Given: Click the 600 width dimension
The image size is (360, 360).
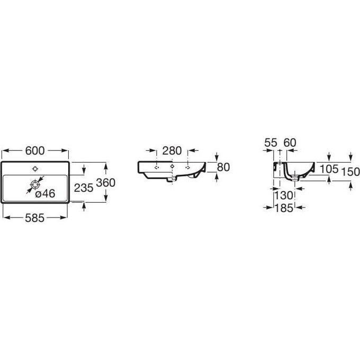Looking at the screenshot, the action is tap(35, 151).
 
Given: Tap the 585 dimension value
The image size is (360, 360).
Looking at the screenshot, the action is tap(34, 218).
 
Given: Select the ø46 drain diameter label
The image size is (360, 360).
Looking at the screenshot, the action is tap(45, 194).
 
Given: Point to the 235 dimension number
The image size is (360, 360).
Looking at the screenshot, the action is tap(84, 188).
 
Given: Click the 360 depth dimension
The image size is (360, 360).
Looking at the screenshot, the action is tap(105, 183).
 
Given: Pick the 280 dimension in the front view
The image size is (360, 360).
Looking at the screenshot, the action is tap(172, 151).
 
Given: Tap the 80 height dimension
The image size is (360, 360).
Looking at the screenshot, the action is tap(223, 167).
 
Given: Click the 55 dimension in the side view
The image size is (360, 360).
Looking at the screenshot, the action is tap(271, 143).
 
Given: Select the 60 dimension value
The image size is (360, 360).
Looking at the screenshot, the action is tap(290, 143).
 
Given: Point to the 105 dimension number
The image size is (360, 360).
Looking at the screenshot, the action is tap(329, 169).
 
